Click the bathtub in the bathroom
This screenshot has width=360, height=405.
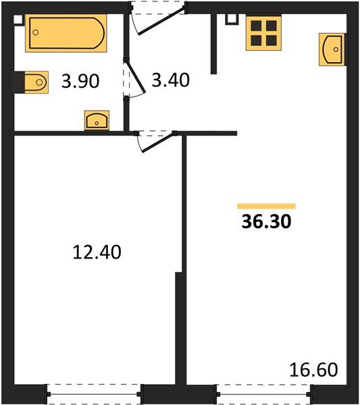(66, 33)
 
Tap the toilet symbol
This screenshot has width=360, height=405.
(36, 82)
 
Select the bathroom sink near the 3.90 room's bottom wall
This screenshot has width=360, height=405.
(97, 120)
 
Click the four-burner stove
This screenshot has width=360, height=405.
(263, 33)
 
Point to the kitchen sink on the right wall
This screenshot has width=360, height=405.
(332, 49)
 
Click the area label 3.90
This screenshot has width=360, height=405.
(80, 81)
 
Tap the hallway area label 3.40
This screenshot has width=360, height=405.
(171, 80)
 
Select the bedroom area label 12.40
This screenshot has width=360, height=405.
(97, 252)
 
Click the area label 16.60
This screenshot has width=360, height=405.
(313, 370)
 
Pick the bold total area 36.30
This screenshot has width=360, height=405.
(266, 221)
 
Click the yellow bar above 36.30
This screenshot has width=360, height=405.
(266, 206)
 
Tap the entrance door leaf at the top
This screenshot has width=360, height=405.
(162, 21)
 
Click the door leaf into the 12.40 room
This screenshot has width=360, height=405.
(157, 142)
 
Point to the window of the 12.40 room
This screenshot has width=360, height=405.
(94, 394)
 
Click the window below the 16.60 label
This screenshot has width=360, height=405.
(263, 394)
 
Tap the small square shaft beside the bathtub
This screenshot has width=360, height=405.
(18, 20)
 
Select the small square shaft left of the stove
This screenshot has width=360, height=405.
(232, 19)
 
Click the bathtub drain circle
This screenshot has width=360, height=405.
(36, 32)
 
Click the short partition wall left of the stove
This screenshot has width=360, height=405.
(213, 44)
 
